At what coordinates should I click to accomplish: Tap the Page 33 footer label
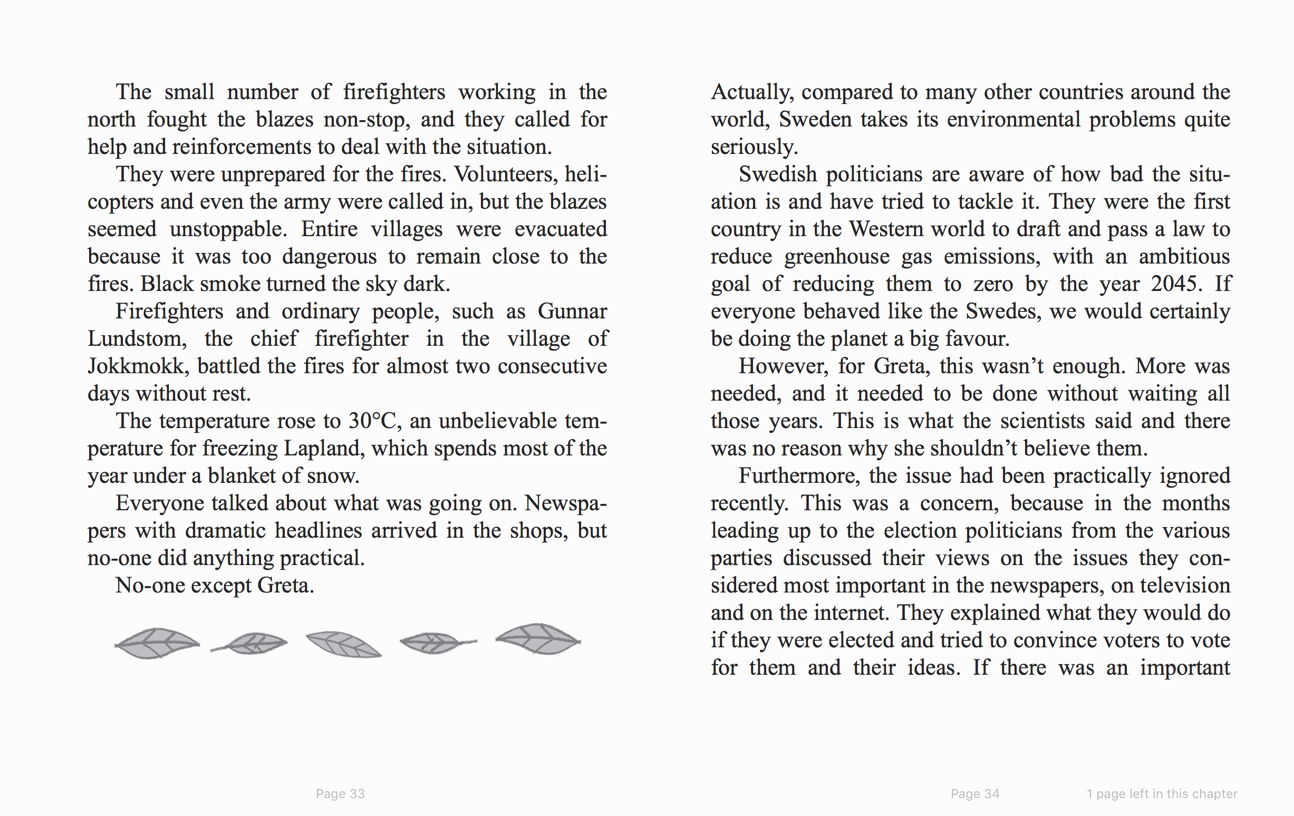pyautogui.click(x=340, y=793)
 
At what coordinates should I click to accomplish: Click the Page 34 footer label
pyautogui.click(x=975, y=793)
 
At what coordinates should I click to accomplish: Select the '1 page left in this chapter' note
pyautogui.click(x=1162, y=793)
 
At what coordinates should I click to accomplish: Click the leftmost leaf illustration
pyautogui.click(x=157, y=643)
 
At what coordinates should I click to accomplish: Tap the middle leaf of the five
pyautogui.click(x=344, y=644)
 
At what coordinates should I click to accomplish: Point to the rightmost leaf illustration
pyautogui.click(x=538, y=639)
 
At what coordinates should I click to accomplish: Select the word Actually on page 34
pyautogui.click(x=752, y=92)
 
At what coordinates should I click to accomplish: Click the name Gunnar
pyautogui.click(x=572, y=312)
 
